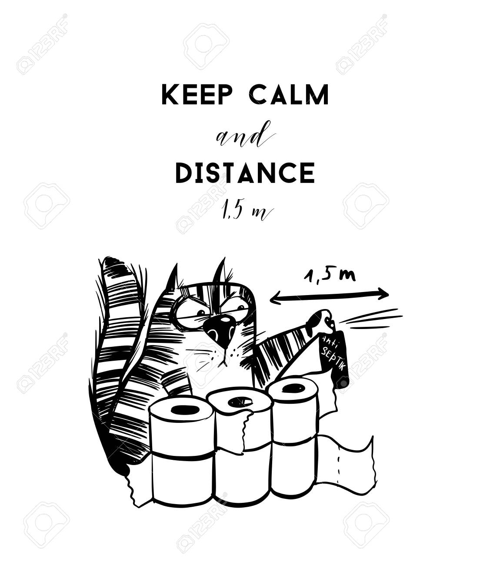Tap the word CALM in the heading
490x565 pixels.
pos(290,95)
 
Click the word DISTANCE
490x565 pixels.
pos(245,173)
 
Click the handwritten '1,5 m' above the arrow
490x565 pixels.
pos(330,276)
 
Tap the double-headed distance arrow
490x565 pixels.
pos(329,297)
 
